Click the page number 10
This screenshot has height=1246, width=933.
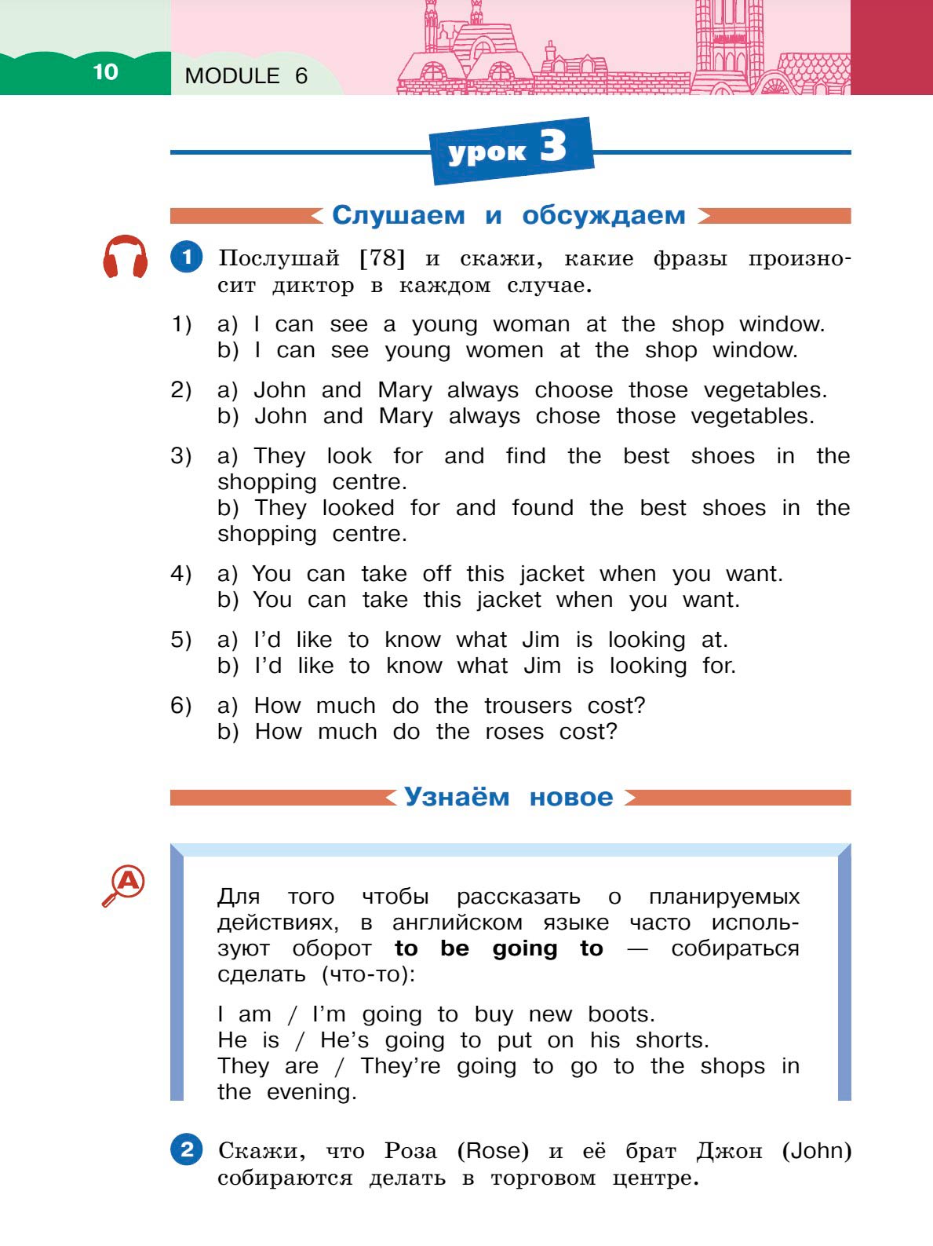point(105,72)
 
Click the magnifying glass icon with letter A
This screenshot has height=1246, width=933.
point(125,884)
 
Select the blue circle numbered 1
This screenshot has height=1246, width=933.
point(186,257)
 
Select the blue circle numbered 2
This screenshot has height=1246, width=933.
point(186,1150)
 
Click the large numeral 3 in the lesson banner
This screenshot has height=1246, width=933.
point(553,146)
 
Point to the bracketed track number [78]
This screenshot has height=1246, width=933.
point(382,258)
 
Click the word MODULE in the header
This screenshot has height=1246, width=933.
point(232,76)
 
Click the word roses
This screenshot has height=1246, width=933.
point(514,731)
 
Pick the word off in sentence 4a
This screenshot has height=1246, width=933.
point(437,573)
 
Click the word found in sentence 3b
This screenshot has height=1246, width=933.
point(542,507)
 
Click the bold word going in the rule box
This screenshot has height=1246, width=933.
point(525,948)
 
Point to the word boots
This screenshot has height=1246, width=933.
point(621,1014)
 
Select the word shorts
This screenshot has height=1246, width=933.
point(672,1040)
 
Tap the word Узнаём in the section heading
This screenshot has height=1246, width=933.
point(457,797)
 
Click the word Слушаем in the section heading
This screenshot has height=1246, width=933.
point(399,215)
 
